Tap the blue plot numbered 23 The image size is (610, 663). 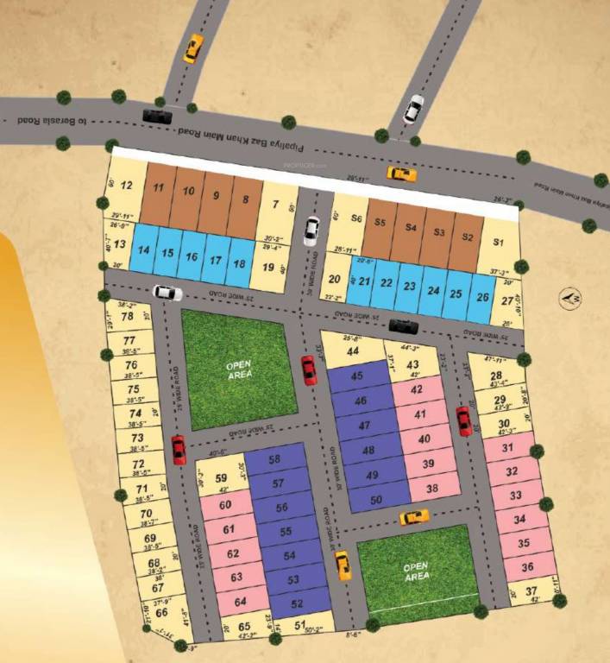pyautogui.click(x=410, y=286)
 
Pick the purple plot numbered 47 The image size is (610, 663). pyautogui.click(x=361, y=426)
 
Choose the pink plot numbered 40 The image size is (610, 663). pyautogui.click(x=424, y=439)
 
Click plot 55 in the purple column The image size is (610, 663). pyautogui.click(x=280, y=533)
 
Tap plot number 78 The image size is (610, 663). pyautogui.click(x=127, y=317)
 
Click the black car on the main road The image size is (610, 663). pyautogui.click(x=157, y=116)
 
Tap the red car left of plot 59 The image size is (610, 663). pyautogui.click(x=179, y=450)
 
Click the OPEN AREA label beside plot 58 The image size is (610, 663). pyautogui.click(x=239, y=370)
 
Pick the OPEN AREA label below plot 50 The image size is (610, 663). pyautogui.click(x=417, y=571)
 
